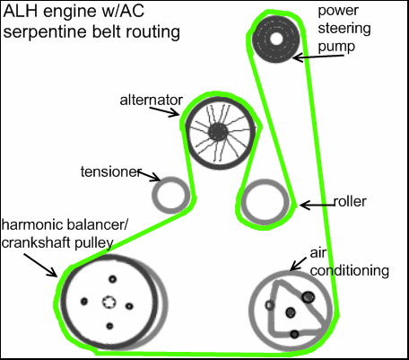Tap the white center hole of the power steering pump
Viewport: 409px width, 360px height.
(x=276, y=39)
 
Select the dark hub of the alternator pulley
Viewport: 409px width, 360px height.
(x=218, y=132)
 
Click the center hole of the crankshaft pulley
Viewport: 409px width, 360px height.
(x=109, y=302)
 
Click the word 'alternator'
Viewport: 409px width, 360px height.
(x=151, y=100)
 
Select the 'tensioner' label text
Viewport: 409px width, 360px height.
(x=110, y=171)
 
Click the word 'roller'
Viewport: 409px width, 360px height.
(x=350, y=201)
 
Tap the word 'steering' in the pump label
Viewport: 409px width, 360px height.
(x=344, y=29)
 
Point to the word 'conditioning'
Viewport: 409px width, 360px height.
(x=350, y=271)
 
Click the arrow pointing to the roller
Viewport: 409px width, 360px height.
(x=317, y=205)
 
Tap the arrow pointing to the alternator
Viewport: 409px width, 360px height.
(x=164, y=111)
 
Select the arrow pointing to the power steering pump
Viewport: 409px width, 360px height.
(x=318, y=57)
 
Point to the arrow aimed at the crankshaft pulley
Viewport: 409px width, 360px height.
(x=40, y=265)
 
